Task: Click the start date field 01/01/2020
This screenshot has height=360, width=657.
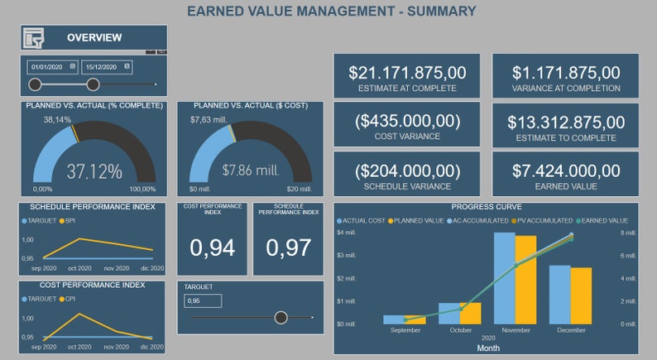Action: click(x=48, y=66)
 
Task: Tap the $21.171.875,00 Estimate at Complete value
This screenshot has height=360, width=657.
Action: click(x=407, y=73)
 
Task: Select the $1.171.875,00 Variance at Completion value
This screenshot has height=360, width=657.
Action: click(x=566, y=73)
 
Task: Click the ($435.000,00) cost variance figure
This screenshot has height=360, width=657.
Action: click(x=407, y=122)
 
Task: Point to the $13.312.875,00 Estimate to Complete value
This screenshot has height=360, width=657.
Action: click(x=566, y=122)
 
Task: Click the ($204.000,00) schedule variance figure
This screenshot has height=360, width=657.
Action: click(x=407, y=170)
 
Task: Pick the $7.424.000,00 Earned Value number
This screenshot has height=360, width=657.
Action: click(x=566, y=170)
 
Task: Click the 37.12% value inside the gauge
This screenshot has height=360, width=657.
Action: click(x=94, y=171)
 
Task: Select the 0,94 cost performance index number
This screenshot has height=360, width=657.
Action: click(x=212, y=247)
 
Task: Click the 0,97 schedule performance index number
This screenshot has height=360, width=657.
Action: click(x=288, y=247)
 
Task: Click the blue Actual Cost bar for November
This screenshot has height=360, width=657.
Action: click(x=504, y=277)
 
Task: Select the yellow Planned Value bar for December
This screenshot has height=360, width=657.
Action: click(x=581, y=295)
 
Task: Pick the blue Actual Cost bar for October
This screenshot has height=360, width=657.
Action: click(x=448, y=313)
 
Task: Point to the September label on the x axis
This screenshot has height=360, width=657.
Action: click(x=405, y=329)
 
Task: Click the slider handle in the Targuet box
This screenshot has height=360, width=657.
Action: click(x=281, y=317)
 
